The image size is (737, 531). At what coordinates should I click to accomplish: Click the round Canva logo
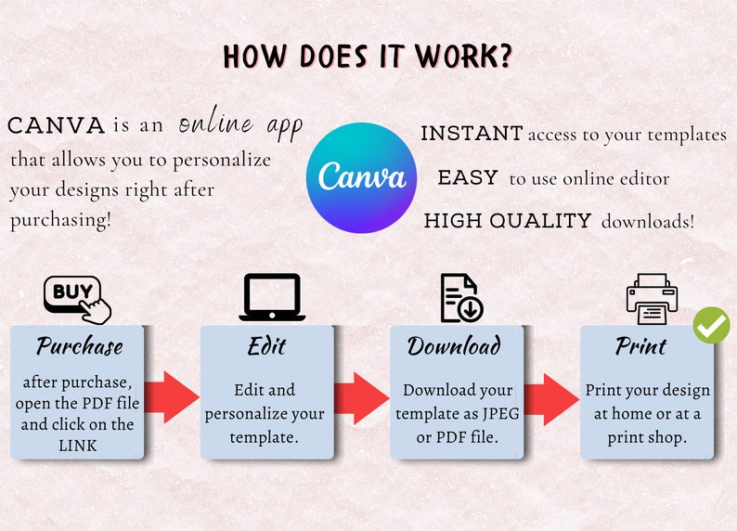pos(361,177)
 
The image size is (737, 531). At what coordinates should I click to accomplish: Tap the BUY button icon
pos(77,300)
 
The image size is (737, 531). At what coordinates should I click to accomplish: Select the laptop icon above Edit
pos(272,297)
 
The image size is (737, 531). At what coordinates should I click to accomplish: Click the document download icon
pos(461,298)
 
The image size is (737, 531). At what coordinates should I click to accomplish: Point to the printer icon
pos(652,299)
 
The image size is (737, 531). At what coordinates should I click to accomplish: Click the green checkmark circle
pos(711,325)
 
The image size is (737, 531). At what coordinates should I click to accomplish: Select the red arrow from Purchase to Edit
pos(172,397)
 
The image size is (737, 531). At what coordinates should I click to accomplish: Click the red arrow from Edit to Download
pos(362,398)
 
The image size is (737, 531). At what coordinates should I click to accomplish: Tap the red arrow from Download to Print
pos(551,399)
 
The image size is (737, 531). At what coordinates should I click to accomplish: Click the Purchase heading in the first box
pos(80,346)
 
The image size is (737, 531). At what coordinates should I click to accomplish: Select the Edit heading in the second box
pos(266,346)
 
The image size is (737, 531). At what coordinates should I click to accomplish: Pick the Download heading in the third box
pos(454,346)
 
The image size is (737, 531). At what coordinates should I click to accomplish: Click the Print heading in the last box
pos(640,346)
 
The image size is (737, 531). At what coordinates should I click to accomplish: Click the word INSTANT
pos(472,134)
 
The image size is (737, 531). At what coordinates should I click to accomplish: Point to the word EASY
pos(468,177)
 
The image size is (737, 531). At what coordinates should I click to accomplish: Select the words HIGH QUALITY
pos(508,220)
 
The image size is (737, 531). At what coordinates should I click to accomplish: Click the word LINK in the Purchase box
pos(78,446)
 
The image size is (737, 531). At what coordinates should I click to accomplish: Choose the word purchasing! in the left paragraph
pos(60,220)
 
